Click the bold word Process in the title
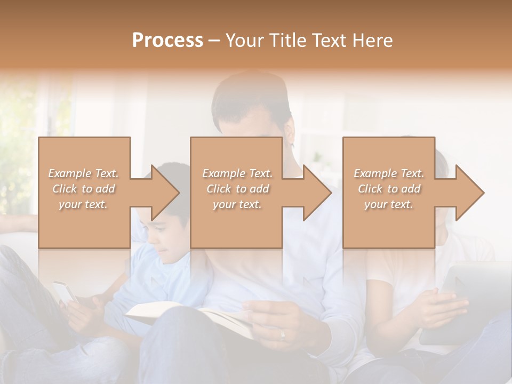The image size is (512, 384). [167, 41]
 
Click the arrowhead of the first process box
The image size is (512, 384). [166, 193]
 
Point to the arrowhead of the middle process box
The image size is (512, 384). [318, 193]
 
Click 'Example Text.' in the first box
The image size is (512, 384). [84, 173]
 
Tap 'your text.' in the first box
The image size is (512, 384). [84, 204]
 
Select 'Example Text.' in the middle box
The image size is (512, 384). [237, 173]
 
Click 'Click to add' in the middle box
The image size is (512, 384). [237, 189]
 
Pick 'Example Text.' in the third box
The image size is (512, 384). [389, 173]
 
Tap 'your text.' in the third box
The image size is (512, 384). [389, 204]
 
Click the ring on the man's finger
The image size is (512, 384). [283, 334]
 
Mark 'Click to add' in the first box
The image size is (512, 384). [84, 189]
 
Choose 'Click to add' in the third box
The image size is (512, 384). [389, 189]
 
